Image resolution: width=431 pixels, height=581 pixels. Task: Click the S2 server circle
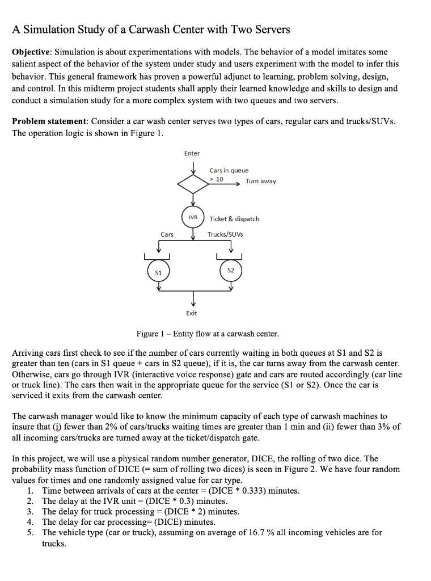point(230,271)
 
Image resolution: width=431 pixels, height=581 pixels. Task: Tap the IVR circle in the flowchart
point(193,217)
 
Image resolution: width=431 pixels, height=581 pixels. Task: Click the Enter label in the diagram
point(192,153)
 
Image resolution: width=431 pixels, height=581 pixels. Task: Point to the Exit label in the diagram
point(192,313)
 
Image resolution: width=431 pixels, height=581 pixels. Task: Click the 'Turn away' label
point(260,182)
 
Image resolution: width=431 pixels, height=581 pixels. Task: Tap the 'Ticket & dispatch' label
point(234,218)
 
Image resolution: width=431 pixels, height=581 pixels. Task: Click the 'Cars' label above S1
point(167,234)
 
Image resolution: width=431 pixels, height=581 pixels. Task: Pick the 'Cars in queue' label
point(229,170)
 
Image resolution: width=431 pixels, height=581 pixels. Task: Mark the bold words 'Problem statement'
point(49,121)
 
